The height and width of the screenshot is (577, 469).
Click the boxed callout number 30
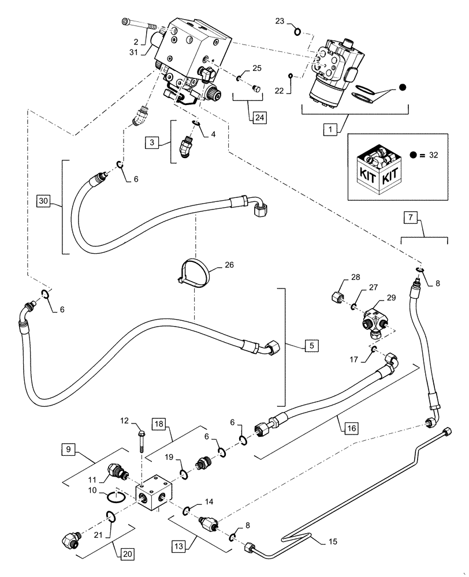pos(43,201)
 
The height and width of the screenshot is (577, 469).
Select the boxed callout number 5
pos(310,346)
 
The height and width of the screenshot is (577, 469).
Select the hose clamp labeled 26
pos(193,272)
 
